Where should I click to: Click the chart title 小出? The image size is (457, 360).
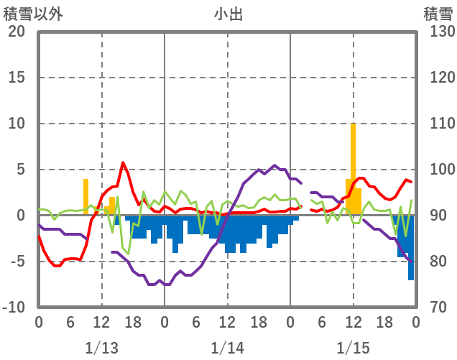pos(228,13)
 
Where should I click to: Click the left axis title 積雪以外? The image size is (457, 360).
pos(31,13)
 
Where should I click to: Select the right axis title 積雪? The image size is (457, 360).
pos(438,13)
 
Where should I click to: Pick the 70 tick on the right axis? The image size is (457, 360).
pos(436,308)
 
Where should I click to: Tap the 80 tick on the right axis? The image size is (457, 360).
pos(436,262)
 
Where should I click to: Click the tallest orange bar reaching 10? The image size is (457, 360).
pos(353,169)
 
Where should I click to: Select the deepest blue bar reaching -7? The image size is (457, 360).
pos(411,248)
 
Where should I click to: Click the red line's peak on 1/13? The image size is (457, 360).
pos(123,162)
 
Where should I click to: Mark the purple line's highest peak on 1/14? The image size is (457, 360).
pos(274,165)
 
